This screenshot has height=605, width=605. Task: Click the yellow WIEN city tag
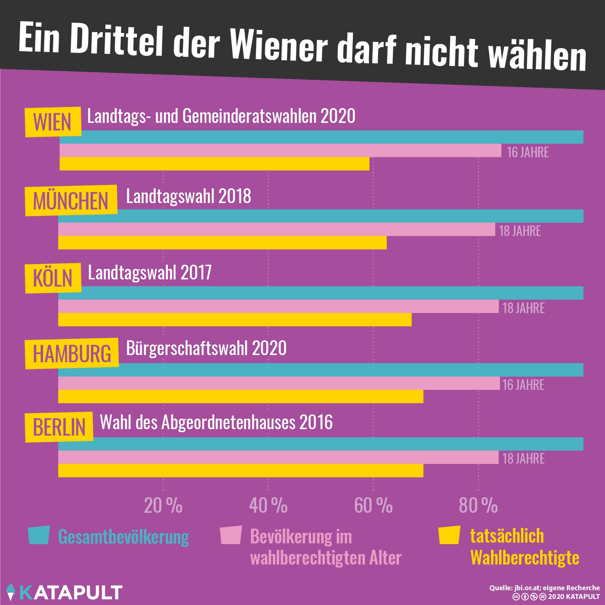[x=53, y=122]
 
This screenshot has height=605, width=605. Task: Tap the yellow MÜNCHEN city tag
[x=71, y=200]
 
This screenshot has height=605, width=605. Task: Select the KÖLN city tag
[x=53, y=278]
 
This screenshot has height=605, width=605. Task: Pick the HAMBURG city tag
[x=72, y=354]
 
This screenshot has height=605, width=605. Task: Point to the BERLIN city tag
[x=59, y=427]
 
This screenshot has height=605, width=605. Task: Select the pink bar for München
[x=276, y=230]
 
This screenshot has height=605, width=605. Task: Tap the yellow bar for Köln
[x=235, y=320]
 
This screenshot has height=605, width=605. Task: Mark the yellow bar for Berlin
[x=240, y=470]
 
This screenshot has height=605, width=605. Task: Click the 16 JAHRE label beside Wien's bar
[x=527, y=152]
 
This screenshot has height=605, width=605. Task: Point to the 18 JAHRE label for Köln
[x=523, y=308]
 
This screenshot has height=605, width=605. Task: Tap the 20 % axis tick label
[x=163, y=506]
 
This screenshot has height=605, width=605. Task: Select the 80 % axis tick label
[x=478, y=506]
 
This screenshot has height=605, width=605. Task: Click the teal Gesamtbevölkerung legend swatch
[x=39, y=535]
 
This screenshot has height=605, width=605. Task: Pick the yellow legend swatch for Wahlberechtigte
[x=449, y=535]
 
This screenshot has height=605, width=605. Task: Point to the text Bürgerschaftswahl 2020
[x=206, y=348]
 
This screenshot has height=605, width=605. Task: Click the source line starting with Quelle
[x=544, y=588]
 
